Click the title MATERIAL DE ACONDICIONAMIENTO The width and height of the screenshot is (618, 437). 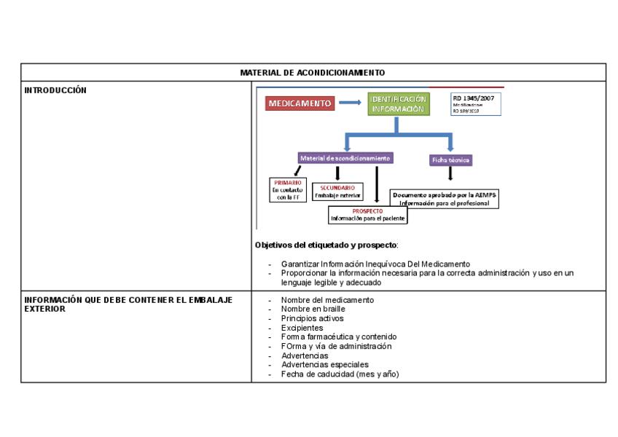[x=313, y=73]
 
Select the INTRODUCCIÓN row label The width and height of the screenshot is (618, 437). [x=55, y=90]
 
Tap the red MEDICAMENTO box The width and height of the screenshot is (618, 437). [x=300, y=103]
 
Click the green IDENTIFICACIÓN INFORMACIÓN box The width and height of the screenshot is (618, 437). [x=398, y=103]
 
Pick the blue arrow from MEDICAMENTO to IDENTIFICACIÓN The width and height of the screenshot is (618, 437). [x=351, y=103]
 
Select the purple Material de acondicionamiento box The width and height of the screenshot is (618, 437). [x=345, y=158]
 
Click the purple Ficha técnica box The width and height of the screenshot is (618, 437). [x=450, y=160]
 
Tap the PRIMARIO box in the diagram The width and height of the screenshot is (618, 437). [x=288, y=190]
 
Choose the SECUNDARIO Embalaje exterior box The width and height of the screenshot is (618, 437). [x=337, y=192]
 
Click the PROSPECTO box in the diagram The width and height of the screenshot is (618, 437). [x=367, y=214]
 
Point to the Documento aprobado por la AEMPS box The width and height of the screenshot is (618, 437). [x=445, y=199]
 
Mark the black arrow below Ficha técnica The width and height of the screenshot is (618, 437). [x=450, y=173]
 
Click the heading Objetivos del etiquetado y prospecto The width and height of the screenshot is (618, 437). [x=326, y=245]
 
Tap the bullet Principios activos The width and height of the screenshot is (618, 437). [x=312, y=318]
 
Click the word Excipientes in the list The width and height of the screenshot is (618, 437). [x=302, y=328]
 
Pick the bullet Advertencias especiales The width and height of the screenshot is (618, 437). [x=324, y=365]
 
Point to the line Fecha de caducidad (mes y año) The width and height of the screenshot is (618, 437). [x=340, y=374]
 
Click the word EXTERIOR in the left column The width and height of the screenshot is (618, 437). [x=44, y=309]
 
